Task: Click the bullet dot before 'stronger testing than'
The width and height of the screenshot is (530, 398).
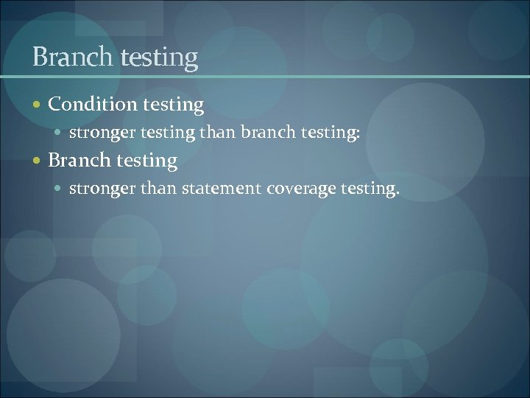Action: click(60, 133)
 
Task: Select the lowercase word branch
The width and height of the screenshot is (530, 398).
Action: click(268, 133)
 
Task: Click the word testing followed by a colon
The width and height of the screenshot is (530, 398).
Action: click(331, 133)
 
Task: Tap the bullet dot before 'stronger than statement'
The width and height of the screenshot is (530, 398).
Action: click(60, 189)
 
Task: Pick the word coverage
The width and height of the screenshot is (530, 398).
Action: click(301, 189)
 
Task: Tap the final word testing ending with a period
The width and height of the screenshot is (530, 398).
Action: click(370, 189)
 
